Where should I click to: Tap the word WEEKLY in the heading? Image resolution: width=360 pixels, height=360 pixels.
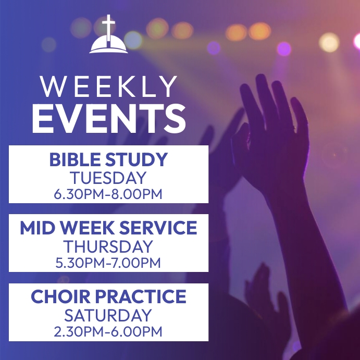click(108, 87)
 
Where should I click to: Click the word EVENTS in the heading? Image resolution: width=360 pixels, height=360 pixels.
click(108, 118)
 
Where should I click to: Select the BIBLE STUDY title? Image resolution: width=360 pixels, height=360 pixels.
click(108, 159)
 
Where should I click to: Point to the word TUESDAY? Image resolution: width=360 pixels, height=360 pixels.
click(108, 178)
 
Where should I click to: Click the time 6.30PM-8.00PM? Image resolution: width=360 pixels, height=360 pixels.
click(108, 195)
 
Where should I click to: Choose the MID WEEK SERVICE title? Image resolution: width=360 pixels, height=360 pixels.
click(108, 228)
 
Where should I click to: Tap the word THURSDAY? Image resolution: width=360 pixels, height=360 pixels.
click(108, 246)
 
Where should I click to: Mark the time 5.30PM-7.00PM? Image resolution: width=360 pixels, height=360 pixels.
click(108, 263)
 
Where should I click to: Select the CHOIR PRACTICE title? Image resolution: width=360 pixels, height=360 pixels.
click(108, 297)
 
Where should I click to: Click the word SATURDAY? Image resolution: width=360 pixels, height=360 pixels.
click(108, 315)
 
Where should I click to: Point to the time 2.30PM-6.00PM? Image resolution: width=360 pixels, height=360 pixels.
click(108, 332)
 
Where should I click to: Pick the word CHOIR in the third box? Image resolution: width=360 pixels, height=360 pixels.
click(57, 297)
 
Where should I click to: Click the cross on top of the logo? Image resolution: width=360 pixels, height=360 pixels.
click(108, 26)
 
